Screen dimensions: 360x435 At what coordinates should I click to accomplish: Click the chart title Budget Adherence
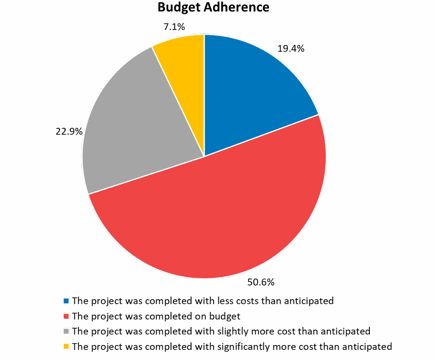pyautogui.click(x=213, y=7)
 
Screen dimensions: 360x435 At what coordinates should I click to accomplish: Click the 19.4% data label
pyautogui.click(x=291, y=49)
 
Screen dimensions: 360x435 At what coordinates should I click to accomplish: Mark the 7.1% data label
pyautogui.click(x=174, y=27)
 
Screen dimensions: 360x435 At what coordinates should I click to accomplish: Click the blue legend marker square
pyautogui.click(x=66, y=301)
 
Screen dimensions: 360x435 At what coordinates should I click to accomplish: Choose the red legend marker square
pyautogui.click(x=66, y=316)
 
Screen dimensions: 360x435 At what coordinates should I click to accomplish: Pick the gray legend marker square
pyautogui.click(x=66, y=331)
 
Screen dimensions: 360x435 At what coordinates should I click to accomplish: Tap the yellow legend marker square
pyautogui.click(x=66, y=346)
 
